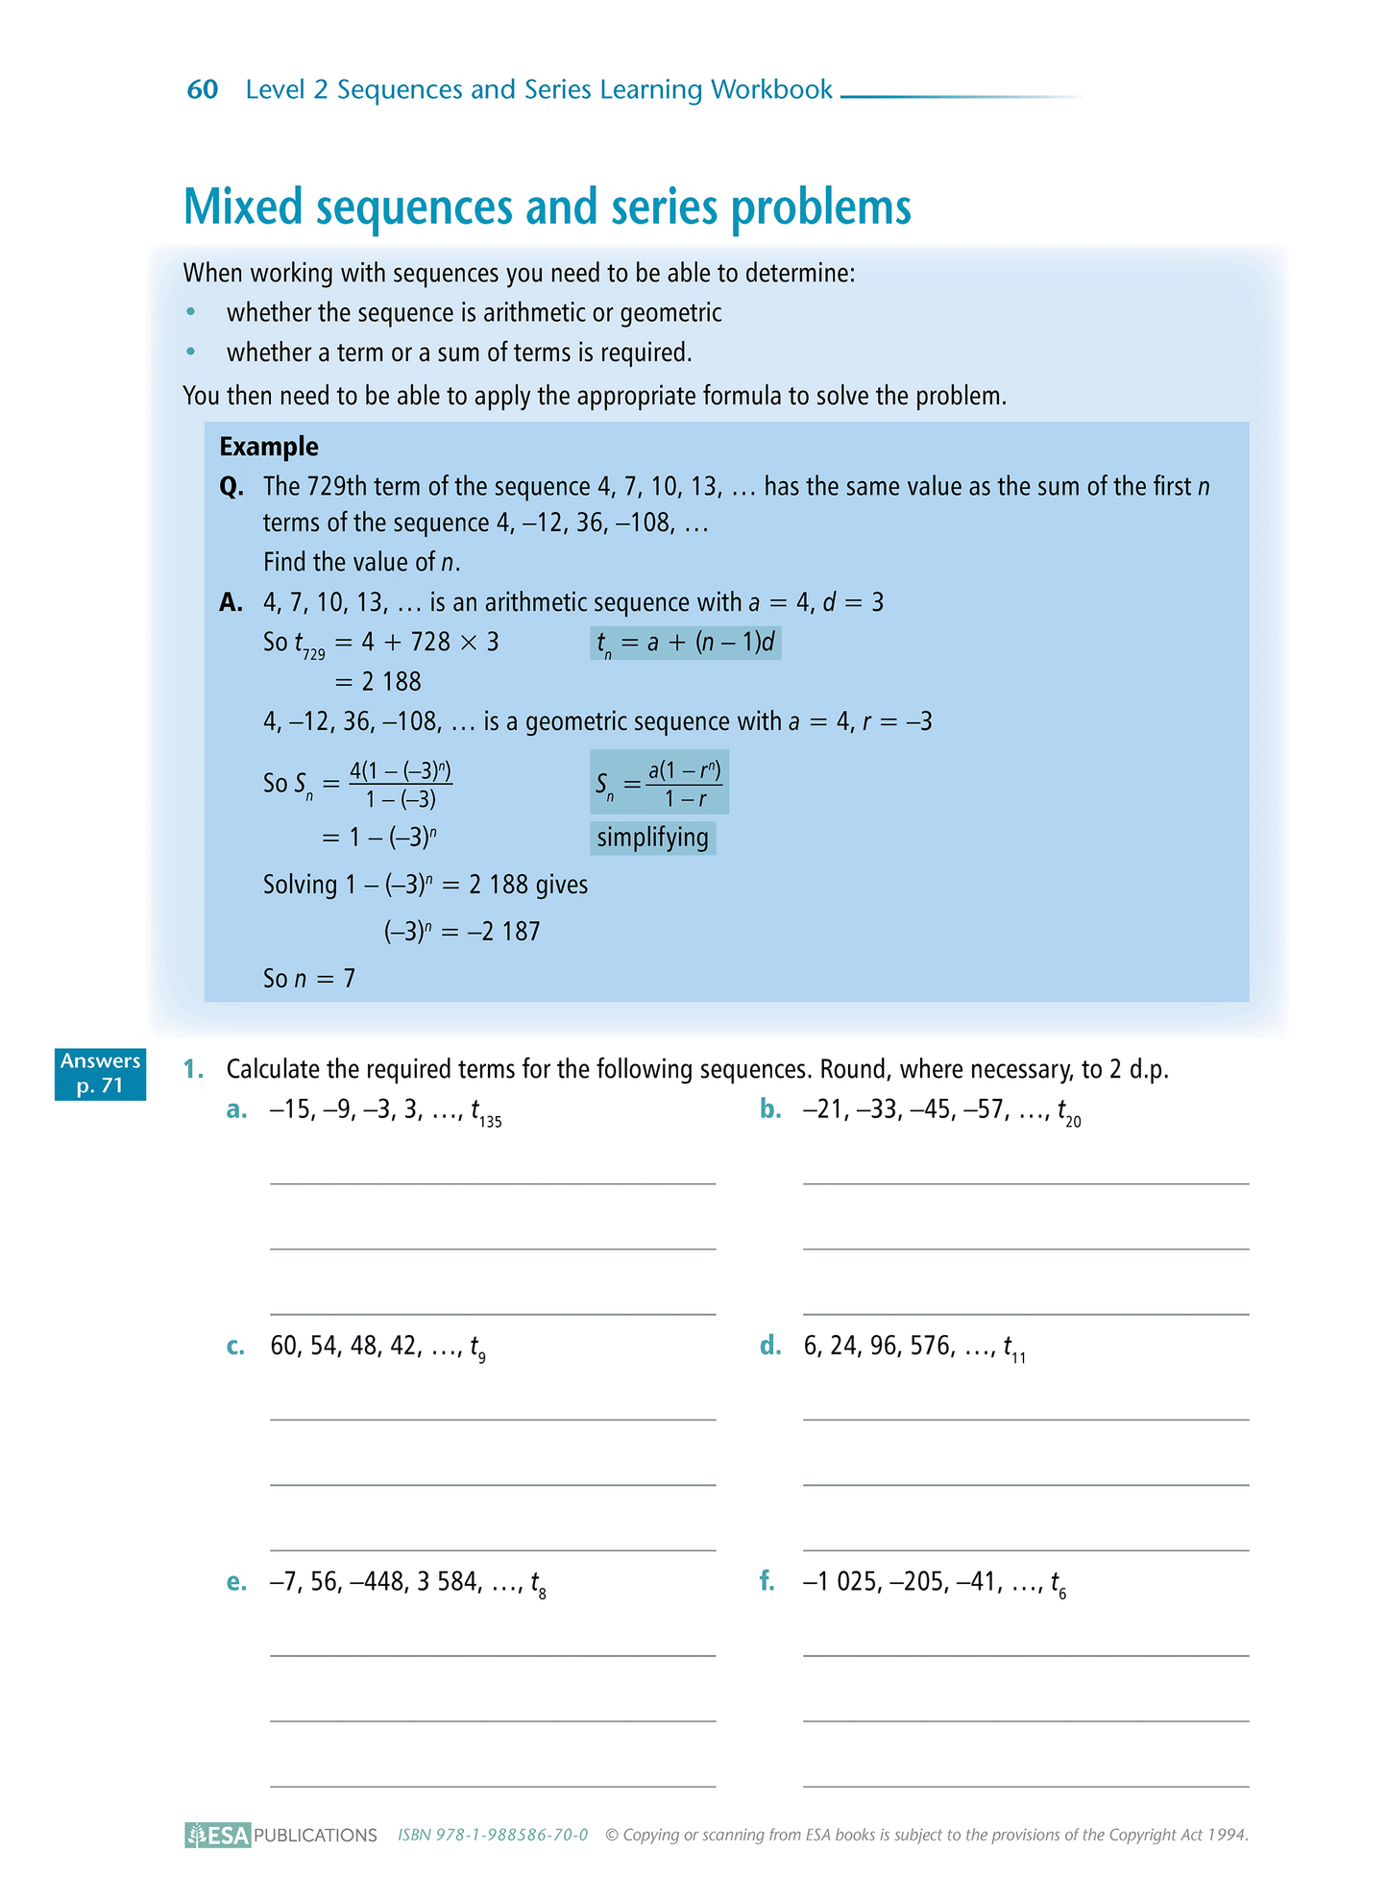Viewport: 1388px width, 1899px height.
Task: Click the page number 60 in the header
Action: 203,89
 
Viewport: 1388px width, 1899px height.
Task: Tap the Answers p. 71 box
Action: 100,1074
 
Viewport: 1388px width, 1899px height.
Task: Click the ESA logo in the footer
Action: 218,1835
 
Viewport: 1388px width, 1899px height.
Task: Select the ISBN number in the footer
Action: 493,1835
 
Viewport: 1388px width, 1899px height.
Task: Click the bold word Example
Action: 269,447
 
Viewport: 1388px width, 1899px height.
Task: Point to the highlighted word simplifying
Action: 652,838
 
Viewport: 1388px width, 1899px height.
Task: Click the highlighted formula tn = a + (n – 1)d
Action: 685,643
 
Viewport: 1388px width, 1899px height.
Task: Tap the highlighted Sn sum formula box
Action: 659,783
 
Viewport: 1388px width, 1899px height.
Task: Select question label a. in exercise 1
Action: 236,1110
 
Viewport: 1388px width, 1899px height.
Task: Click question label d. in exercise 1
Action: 769,1347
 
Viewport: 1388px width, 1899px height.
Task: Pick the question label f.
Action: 767,1582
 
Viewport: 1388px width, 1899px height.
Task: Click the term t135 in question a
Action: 485,1113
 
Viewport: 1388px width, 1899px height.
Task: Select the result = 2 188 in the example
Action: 377,682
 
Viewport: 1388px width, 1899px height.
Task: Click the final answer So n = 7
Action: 309,979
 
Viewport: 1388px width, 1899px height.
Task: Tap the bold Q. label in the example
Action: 232,487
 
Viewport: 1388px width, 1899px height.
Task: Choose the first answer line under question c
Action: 493,1419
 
